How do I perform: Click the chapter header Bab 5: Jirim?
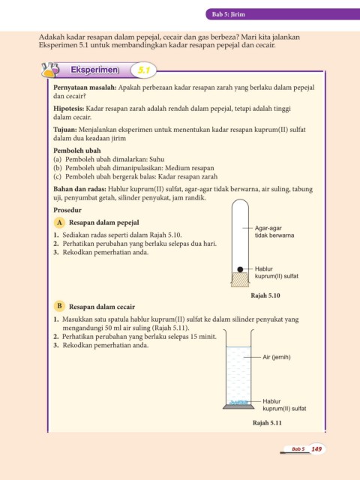[228, 14]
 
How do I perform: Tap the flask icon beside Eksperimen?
[50, 70]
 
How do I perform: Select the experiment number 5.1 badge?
[143, 70]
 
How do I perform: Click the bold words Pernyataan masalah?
[85, 88]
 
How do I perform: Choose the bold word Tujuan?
[65, 130]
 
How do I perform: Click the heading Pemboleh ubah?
[77, 151]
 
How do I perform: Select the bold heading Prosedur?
[67, 210]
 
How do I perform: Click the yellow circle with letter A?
[59, 223]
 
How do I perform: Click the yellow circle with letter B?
[59, 306]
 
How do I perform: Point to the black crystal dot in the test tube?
[240, 269]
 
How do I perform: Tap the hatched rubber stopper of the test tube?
[240, 280]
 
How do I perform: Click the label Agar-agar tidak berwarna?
[274, 232]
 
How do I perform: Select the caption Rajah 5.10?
[265, 295]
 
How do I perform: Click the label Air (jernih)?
[277, 357]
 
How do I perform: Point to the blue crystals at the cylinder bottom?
[238, 402]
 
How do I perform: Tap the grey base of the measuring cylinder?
[238, 406]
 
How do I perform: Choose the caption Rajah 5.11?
[267, 423]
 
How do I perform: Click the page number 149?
[316, 449]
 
